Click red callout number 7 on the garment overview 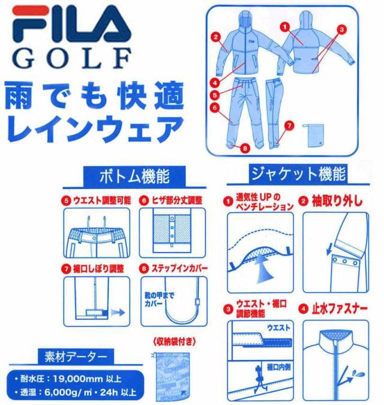(x=289, y=125)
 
